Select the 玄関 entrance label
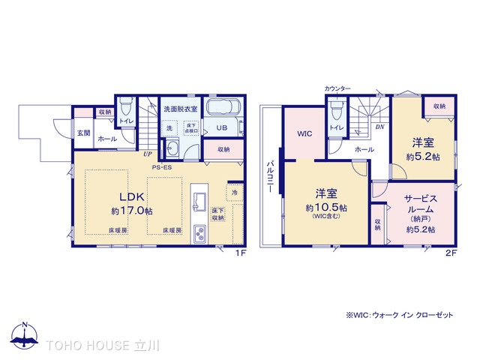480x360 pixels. pos(82,133)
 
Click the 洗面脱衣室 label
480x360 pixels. pos(181,109)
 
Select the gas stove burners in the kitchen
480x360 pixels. pos(200,233)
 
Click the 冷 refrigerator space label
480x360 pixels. pos(235,193)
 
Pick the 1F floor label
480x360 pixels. pos(240,253)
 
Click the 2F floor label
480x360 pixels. pos(450,253)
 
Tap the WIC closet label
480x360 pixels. pos(304,134)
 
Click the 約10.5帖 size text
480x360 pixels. pos(325,206)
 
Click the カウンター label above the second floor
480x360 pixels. pos(337,88)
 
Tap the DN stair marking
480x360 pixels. pos(379,127)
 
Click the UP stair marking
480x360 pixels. pos(147,153)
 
